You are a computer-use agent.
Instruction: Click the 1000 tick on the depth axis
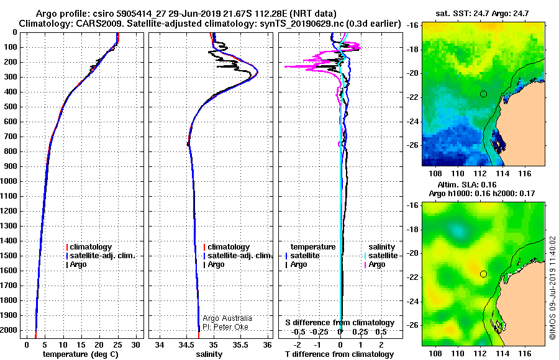pyautogui.click(x=9, y=181)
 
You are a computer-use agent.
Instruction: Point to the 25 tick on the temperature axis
pyautogui.click(x=117, y=345)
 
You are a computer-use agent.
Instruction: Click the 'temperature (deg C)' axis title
pyautogui.click(x=81, y=354)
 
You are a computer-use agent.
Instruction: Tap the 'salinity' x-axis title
pyautogui.click(x=209, y=354)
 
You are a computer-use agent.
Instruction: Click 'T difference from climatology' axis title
pyautogui.click(x=339, y=354)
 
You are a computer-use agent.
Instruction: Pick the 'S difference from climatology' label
pyautogui.click(x=340, y=323)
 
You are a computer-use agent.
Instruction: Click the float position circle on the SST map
pyautogui.click(x=483, y=94)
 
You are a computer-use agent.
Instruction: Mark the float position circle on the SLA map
pyautogui.click(x=483, y=274)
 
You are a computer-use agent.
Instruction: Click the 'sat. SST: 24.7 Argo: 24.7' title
pyautogui.click(x=482, y=14)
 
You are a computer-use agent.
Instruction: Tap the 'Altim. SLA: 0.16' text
pyautogui.click(x=466, y=184)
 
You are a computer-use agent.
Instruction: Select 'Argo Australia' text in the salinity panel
pyautogui.click(x=227, y=318)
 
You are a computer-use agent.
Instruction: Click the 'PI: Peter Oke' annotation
pyautogui.click(x=225, y=327)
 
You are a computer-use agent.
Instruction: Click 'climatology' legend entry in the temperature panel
pyautogui.click(x=91, y=246)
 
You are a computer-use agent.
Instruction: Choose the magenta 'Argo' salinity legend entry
pyautogui.click(x=376, y=264)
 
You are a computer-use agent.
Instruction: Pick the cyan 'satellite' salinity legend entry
pyautogui.click(x=383, y=256)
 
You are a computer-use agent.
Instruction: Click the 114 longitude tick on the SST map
pyautogui.click(x=502, y=173)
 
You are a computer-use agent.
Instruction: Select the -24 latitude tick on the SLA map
pyautogui.click(x=413, y=302)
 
